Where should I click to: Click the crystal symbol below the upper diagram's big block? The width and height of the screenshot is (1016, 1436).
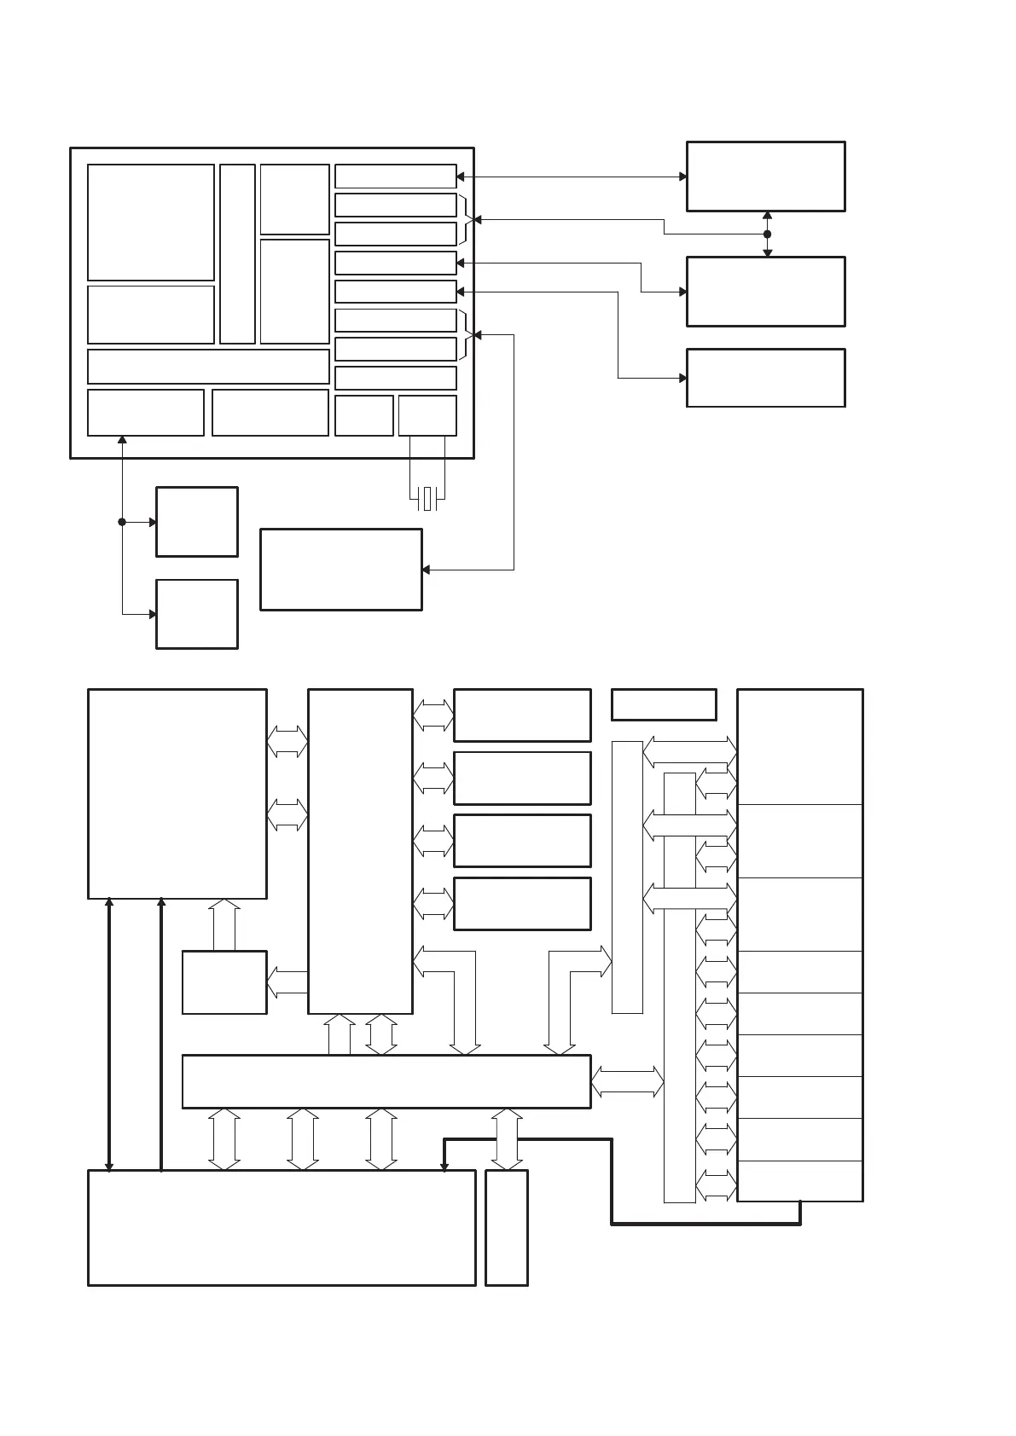click(x=427, y=499)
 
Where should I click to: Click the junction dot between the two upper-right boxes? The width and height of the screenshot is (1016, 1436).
click(x=767, y=234)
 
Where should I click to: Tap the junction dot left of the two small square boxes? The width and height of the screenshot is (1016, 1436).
click(x=122, y=522)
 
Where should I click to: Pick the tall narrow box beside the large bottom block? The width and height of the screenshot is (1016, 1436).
click(x=506, y=1227)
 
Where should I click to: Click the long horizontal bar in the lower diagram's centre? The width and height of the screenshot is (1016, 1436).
click(x=386, y=1081)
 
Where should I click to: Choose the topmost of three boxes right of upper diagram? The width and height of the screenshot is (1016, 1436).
click(x=765, y=177)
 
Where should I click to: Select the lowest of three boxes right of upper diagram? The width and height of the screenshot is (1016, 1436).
click(x=765, y=378)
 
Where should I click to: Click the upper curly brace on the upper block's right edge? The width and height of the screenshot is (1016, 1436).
click(x=467, y=219)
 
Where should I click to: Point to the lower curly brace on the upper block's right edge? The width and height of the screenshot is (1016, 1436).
click(x=467, y=335)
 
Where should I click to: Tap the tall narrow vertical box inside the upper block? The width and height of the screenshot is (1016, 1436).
click(x=237, y=254)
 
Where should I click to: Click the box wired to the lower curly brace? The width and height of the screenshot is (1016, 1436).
click(x=340, y=570)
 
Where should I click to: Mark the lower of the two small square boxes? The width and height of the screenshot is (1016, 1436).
click(x=196, y=614)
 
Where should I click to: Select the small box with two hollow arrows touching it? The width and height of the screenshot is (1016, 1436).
click(x=224, y=982)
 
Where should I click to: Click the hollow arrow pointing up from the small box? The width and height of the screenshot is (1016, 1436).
click(x=224, y=924)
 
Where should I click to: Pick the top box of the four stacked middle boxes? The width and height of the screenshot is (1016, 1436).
click(x=522, y=715)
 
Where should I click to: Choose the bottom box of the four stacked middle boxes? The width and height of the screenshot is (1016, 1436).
click(x=522, y=904)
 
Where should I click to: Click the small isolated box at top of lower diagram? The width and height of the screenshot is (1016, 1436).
click(x=664, y=704)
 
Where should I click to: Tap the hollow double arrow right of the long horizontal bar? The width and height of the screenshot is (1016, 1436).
click(x=627, y=1081)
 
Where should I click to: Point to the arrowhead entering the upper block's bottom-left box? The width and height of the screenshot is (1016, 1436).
click(x=122, y=441)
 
